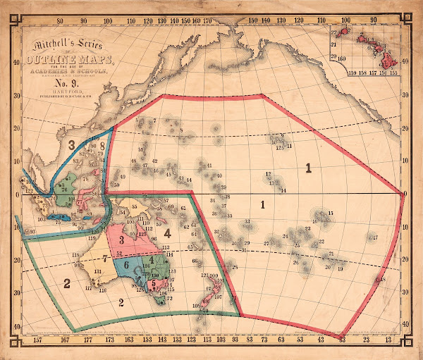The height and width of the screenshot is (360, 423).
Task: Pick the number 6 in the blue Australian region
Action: pyautogui.click(x=125, y=265)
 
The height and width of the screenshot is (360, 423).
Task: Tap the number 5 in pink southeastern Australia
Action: pyautogui.click(x=154, y=282)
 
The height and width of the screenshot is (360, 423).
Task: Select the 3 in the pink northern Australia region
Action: pyautogui.click(x=121, y=240)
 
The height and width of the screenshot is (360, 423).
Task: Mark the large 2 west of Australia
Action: pyautogui.click(x=67, y=284)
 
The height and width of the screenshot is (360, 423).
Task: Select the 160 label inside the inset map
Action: pyautogui.click(x=341, y=58)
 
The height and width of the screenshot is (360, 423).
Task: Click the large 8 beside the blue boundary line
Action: pyautogui.click(x=102, y=147)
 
